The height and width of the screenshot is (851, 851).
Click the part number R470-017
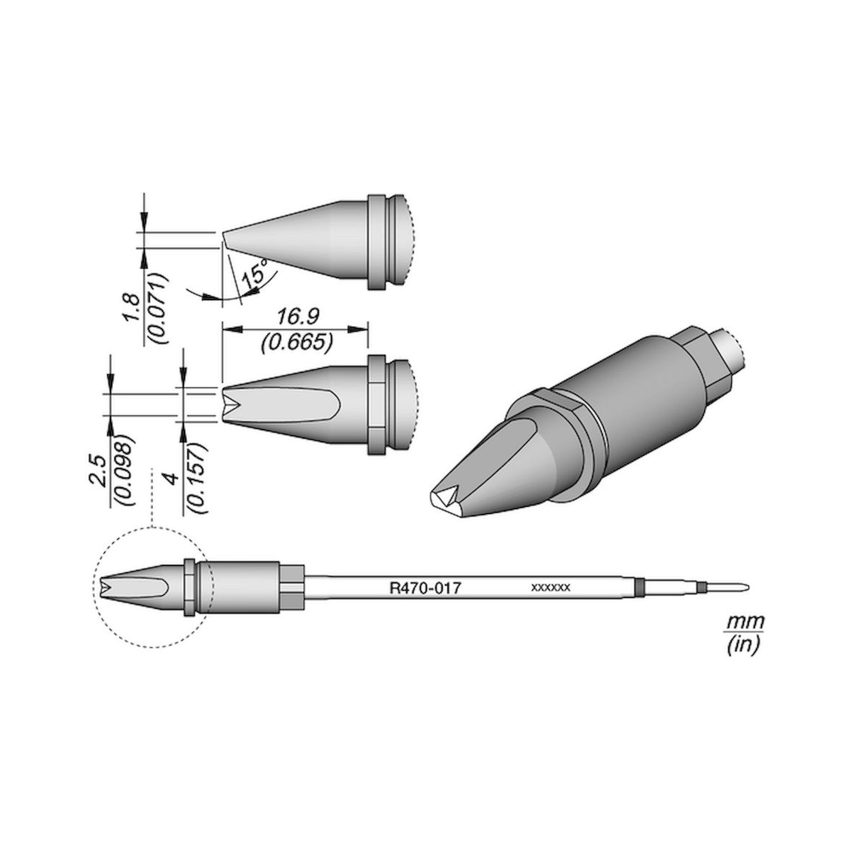tap(425, 588)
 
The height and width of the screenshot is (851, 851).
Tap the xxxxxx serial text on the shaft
tap(551, 587)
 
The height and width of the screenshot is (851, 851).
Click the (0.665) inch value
tap(296, 342)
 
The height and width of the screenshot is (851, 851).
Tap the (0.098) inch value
tap(125, 470)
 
